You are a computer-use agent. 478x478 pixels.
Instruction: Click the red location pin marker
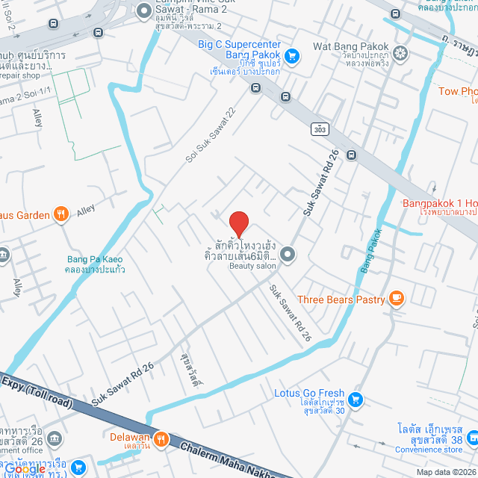tap(238, 223)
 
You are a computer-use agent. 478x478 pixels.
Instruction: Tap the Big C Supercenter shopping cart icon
tap(291, 55)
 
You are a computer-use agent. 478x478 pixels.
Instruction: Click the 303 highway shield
tap(320, 129)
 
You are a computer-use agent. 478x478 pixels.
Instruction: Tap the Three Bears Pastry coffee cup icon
tap(395, 299)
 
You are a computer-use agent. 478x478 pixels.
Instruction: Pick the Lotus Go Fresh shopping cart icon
tap(356, 399)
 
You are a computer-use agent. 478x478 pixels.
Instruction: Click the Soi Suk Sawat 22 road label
tap(211, 134)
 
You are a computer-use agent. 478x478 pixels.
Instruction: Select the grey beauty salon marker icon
tap(288, 255)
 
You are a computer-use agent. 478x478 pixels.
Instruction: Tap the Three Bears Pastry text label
tap(341, 300)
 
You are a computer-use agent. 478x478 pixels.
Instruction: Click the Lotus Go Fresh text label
tap(309, 394)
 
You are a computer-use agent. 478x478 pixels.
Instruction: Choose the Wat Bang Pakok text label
tap(351, 46)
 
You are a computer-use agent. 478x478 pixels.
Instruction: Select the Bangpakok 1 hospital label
tap(440, 203)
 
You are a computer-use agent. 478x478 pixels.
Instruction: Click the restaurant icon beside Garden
tap(62, 215)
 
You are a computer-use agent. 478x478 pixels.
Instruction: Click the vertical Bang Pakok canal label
tap(376, 250)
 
